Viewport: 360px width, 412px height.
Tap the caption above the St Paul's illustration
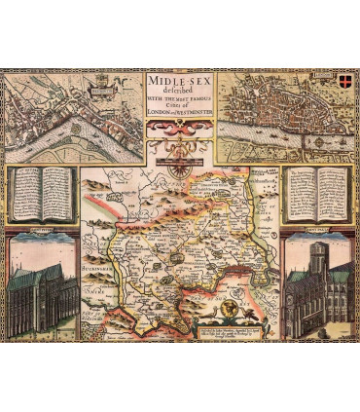(x=317, y=235)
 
